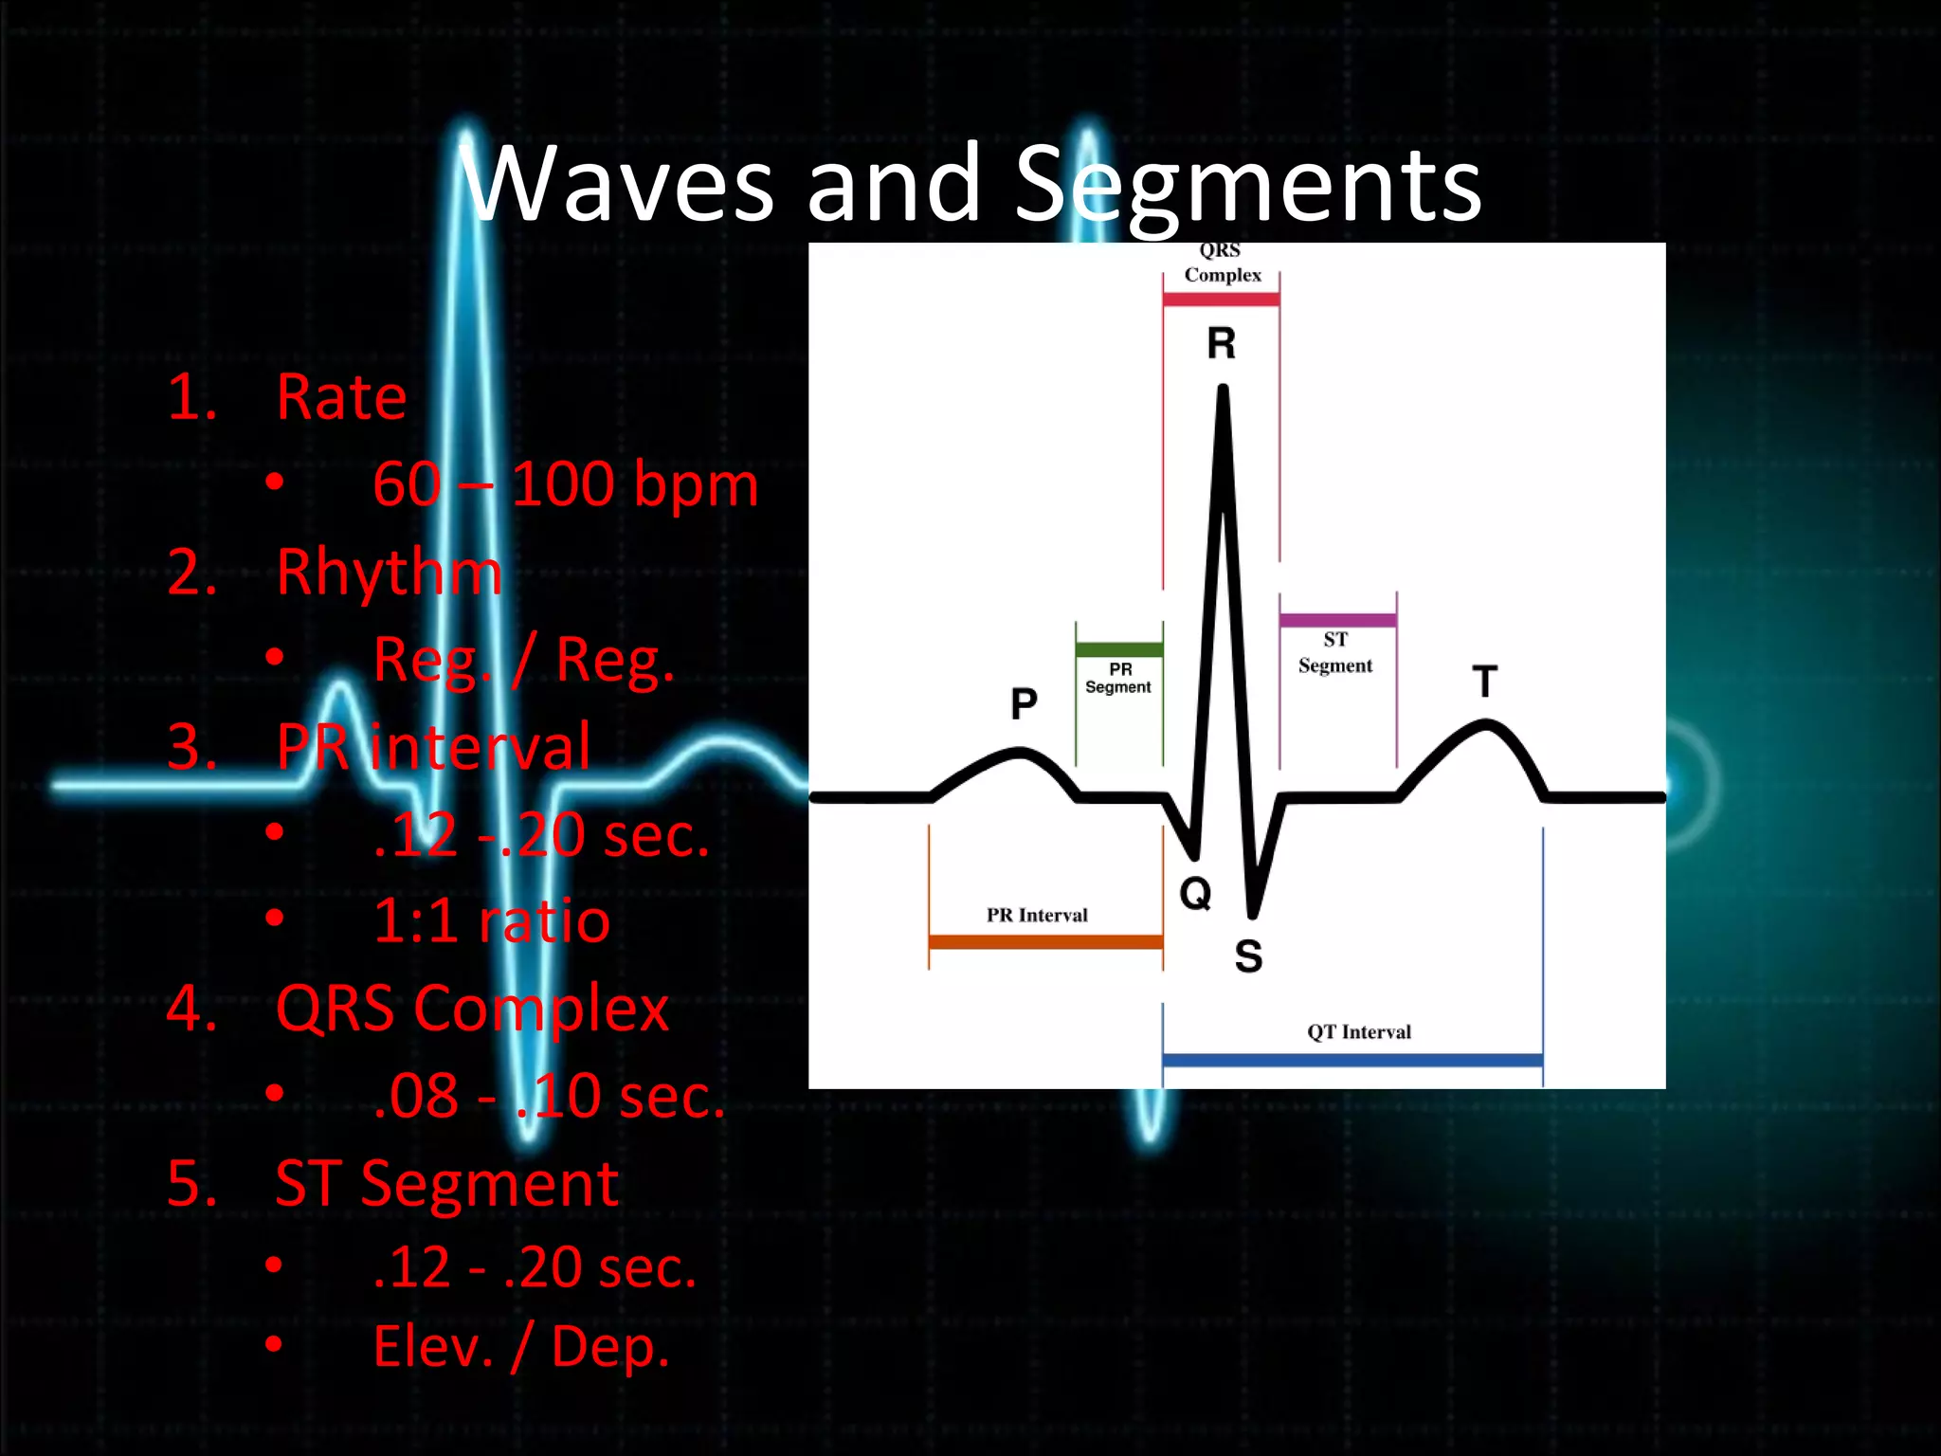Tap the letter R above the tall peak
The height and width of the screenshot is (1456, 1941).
click(1222, 343)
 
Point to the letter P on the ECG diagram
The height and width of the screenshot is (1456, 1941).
click(1024, 703)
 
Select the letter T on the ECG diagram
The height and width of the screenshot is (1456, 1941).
click(1485, 682)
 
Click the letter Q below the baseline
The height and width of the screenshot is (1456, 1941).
click(1195, 893)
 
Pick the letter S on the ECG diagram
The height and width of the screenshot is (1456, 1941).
click(1248, 955)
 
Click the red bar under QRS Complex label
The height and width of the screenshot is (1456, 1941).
click(1221, 300)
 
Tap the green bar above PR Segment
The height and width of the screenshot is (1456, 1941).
click(1118, 650)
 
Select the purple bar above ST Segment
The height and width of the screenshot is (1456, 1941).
click(1337, 621)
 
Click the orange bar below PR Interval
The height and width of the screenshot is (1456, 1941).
click(1045, 941)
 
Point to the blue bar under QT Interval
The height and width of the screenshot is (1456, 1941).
click(1352, 1060)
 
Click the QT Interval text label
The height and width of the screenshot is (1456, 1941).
click(1359, 1032)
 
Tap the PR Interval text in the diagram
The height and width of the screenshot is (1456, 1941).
click(1037, 916)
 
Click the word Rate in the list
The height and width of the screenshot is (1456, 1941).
click(341, 397)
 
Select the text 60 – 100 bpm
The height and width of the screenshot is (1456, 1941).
click(565, 484)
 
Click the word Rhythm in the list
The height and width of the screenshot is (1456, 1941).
click(389, 573)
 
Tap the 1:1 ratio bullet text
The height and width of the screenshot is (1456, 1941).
click(491, 920)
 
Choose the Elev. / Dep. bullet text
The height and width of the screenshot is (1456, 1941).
click(521, 1346)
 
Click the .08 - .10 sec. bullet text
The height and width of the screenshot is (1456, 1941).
click(549, 1096)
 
